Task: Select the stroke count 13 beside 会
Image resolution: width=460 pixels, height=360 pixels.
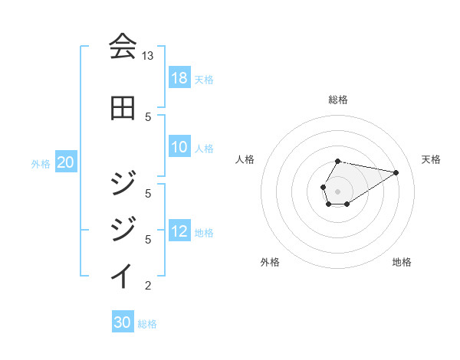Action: click(147, 56)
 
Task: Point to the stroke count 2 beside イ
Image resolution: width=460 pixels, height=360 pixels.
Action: click(147, 286)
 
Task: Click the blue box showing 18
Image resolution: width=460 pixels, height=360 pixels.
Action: click(179, 78)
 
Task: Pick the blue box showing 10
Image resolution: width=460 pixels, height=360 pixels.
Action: click(179, 148)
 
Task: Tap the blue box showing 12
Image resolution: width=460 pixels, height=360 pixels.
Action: click(179, 231)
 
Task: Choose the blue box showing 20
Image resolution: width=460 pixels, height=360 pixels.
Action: click(66, 163)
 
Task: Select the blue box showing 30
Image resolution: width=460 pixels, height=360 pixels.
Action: click(123, 322)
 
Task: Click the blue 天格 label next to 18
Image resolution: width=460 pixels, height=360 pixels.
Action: click(204, 79)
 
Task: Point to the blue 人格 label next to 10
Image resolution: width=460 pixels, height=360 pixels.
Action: click(204, 149)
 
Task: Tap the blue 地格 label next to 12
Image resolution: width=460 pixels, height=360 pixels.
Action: click(204, 232)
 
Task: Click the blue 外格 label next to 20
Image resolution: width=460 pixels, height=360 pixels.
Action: click(41, 164)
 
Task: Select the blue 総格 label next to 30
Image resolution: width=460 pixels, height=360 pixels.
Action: click(147, 323)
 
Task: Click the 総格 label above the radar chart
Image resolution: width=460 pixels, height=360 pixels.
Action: click(338, 100)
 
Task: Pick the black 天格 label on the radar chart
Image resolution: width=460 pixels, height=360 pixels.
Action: click(431, 159)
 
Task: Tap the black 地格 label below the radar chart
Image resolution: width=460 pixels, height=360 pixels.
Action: click(402, 262)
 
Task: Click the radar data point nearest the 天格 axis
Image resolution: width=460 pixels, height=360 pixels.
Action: click(396, 172)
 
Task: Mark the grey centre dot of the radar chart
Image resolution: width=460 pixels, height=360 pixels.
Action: click(338, 191)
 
